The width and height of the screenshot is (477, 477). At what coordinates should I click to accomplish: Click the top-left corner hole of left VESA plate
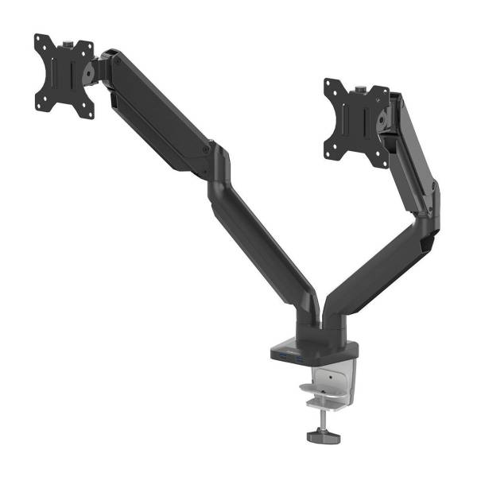click(x=39, y=40)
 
